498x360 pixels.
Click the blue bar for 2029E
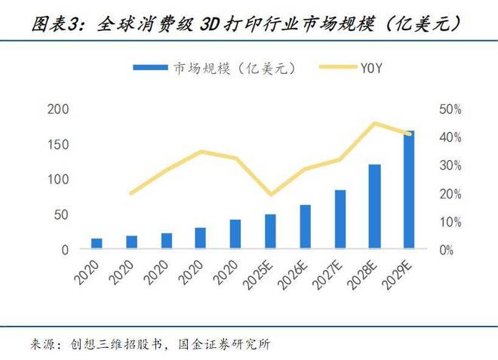pyautogui.click(x=409, y=189)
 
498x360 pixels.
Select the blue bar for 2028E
pyautogui.click(x=374, y=206)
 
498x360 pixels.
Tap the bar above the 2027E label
pyautogui.click(x=340, y=219)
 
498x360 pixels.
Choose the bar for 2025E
pyautogui.click(x=270, y=231)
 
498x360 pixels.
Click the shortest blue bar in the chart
pyautogui.click(x=97, y=243)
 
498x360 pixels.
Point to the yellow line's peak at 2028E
pyautogui.click(x=375, y=123)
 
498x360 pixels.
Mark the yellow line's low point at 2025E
pyautogui.click(x=270, y=195)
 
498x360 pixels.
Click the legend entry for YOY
pyautogui.click(x=360, y=67)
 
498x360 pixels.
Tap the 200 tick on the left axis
pyautogui.click(x=59, y=109)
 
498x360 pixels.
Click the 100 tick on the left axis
pyautogui.click(x=59, y=180)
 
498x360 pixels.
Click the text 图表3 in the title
pyautogui.click(x=58, y=24)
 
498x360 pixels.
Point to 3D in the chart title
pyautogui.click(x=214, y=24)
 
